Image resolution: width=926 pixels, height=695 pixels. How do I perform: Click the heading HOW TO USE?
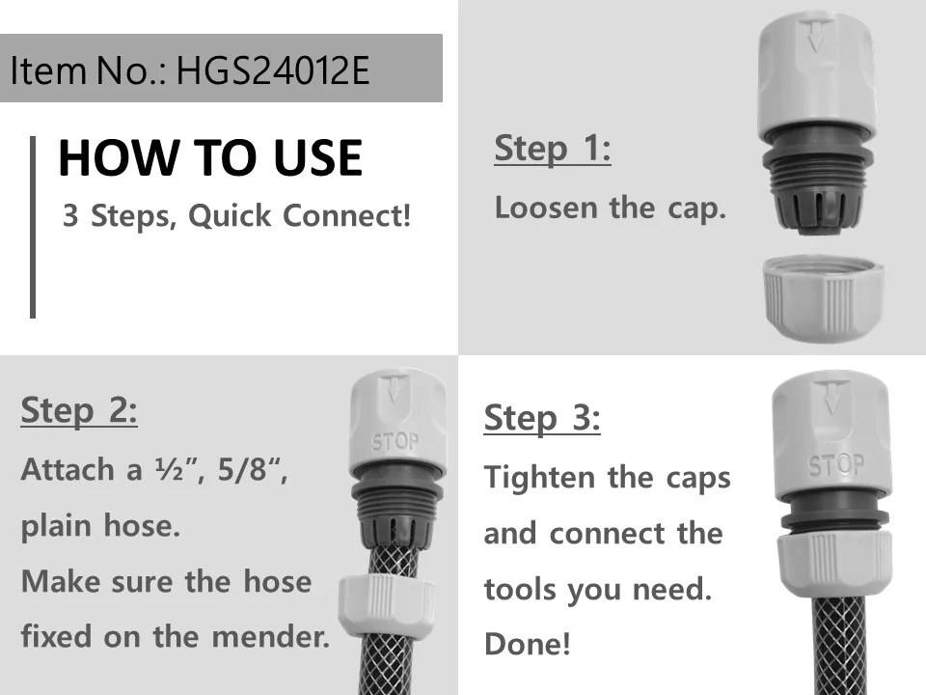click(x=209, y=158)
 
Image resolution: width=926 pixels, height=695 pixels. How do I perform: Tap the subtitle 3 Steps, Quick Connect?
click(x=236, y=216)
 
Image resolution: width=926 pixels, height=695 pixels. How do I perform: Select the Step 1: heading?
click(x=552, y=150)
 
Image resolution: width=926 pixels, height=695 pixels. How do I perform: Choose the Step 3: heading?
click(x=541, y=419)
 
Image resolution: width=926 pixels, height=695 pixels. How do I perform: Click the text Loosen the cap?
click(x=610, y=208)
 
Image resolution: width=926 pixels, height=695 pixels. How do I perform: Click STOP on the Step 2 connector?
click(x=395, y=442)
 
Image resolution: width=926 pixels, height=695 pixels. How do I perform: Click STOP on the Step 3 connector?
click(x=835, y=465)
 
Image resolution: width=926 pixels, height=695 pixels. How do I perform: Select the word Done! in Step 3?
click(x=527, y=644)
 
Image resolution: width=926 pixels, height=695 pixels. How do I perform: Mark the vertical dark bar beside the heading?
click(x=33, y=226)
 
